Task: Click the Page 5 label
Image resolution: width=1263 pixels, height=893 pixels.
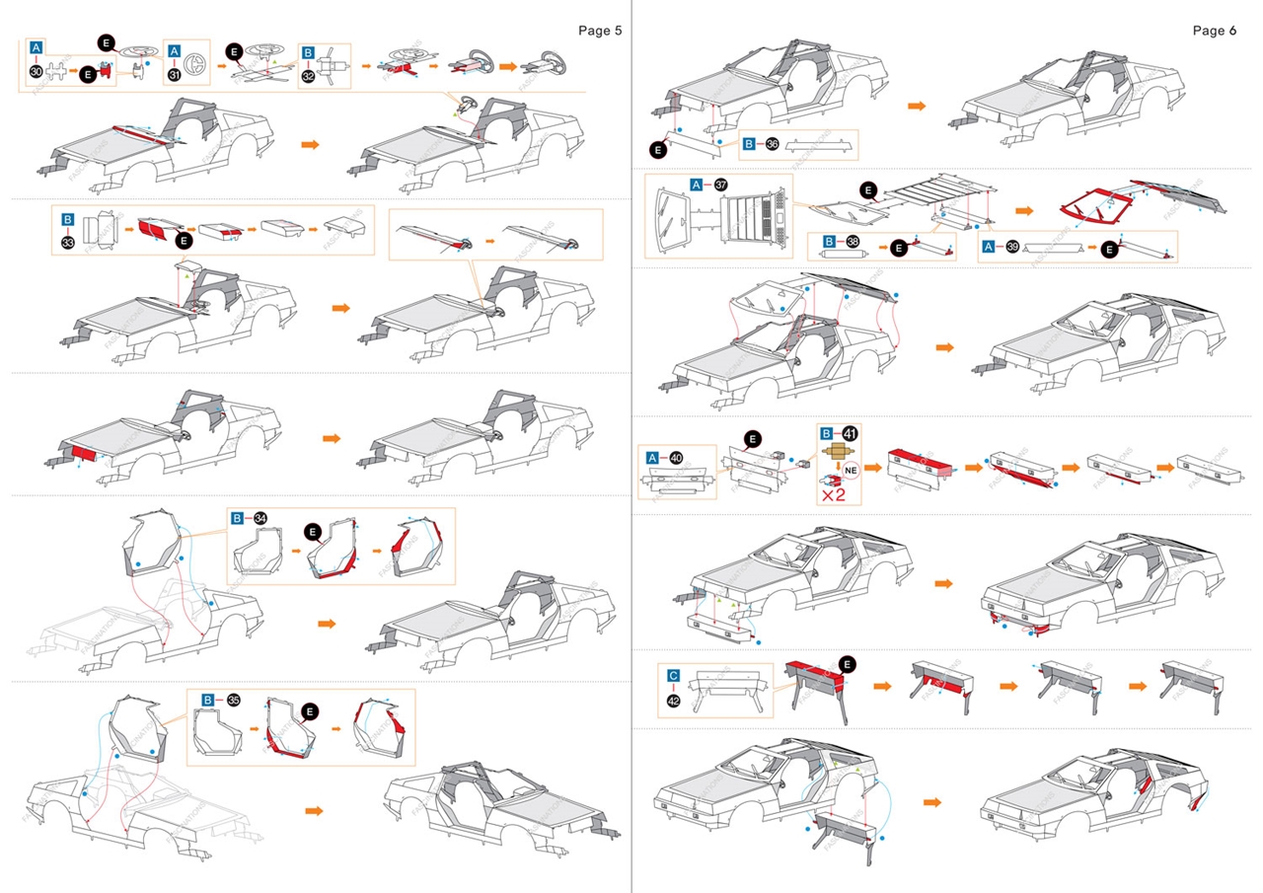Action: (599, 31)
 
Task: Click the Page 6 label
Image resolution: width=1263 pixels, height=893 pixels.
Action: (1214, 31)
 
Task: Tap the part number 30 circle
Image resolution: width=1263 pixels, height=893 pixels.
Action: (37, 73)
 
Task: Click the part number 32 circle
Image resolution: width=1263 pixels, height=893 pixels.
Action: (309, 73)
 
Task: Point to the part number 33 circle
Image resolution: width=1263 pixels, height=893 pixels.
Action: (68, 240)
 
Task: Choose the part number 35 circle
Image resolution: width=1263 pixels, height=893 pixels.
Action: (233, 700)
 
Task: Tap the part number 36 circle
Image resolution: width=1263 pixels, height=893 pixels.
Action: (773, 144)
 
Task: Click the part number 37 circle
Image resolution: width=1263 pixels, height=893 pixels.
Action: (721, 185)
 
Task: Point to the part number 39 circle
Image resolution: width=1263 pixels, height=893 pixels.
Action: (1011, 248)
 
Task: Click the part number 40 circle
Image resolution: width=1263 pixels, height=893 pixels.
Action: (676, 457)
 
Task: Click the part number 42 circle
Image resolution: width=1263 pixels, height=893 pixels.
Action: (674, 700)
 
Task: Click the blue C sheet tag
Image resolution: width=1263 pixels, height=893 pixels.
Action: (673, 676)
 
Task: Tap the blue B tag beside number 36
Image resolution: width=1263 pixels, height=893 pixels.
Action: (750, 144)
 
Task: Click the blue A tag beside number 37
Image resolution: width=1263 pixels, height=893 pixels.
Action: (698, 185)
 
